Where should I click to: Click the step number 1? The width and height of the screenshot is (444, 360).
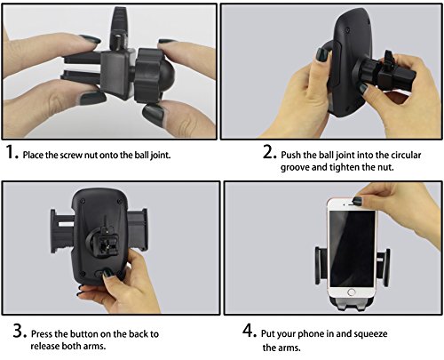[11, 152]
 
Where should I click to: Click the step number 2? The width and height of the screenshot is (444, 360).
[268, 152]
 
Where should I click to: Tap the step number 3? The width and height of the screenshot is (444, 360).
[20, 331]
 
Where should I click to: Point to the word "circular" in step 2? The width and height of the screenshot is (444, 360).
[406, 155]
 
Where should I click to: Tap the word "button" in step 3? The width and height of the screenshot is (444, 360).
[84, 334]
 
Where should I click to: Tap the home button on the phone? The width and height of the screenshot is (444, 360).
[352, 292]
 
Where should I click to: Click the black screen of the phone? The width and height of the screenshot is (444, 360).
[353, 248]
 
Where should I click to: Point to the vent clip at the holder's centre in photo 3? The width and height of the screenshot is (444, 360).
[105, 241]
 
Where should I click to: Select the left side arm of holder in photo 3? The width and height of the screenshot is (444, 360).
[61, 231]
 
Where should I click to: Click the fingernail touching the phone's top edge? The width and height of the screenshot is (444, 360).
[358, 201]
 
